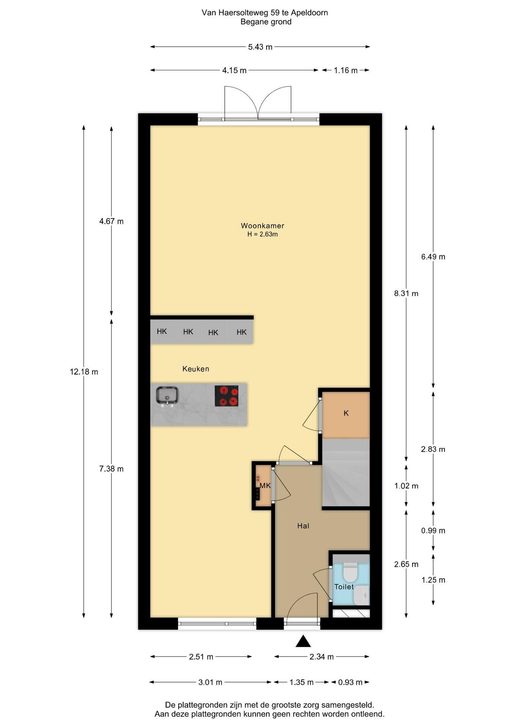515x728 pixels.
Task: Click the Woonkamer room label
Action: coord(262,226)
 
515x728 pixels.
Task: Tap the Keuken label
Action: coord(196,369)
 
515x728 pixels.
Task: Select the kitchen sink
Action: coord(167,396)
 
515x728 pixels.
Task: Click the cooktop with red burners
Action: coord(226,396)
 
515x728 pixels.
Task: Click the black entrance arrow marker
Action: coord(303,641)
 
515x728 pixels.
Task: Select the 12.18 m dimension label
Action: coord(84,372)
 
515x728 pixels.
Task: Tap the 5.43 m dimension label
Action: coord(260,47)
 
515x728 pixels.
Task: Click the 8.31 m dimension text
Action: coord(406,293)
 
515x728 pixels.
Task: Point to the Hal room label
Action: coord(303,526)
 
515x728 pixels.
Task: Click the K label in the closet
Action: coord(346,413)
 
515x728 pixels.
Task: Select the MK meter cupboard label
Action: coord(265,485)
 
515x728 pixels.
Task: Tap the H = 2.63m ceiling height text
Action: coord(262,234)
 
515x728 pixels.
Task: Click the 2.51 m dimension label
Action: coord(201,657)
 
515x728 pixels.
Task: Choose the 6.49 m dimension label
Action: coord(433,257)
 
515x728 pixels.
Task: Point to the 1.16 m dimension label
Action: coord(346,70)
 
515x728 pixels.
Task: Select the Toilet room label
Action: coord(344,587)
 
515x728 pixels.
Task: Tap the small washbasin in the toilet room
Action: coord(361,595)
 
